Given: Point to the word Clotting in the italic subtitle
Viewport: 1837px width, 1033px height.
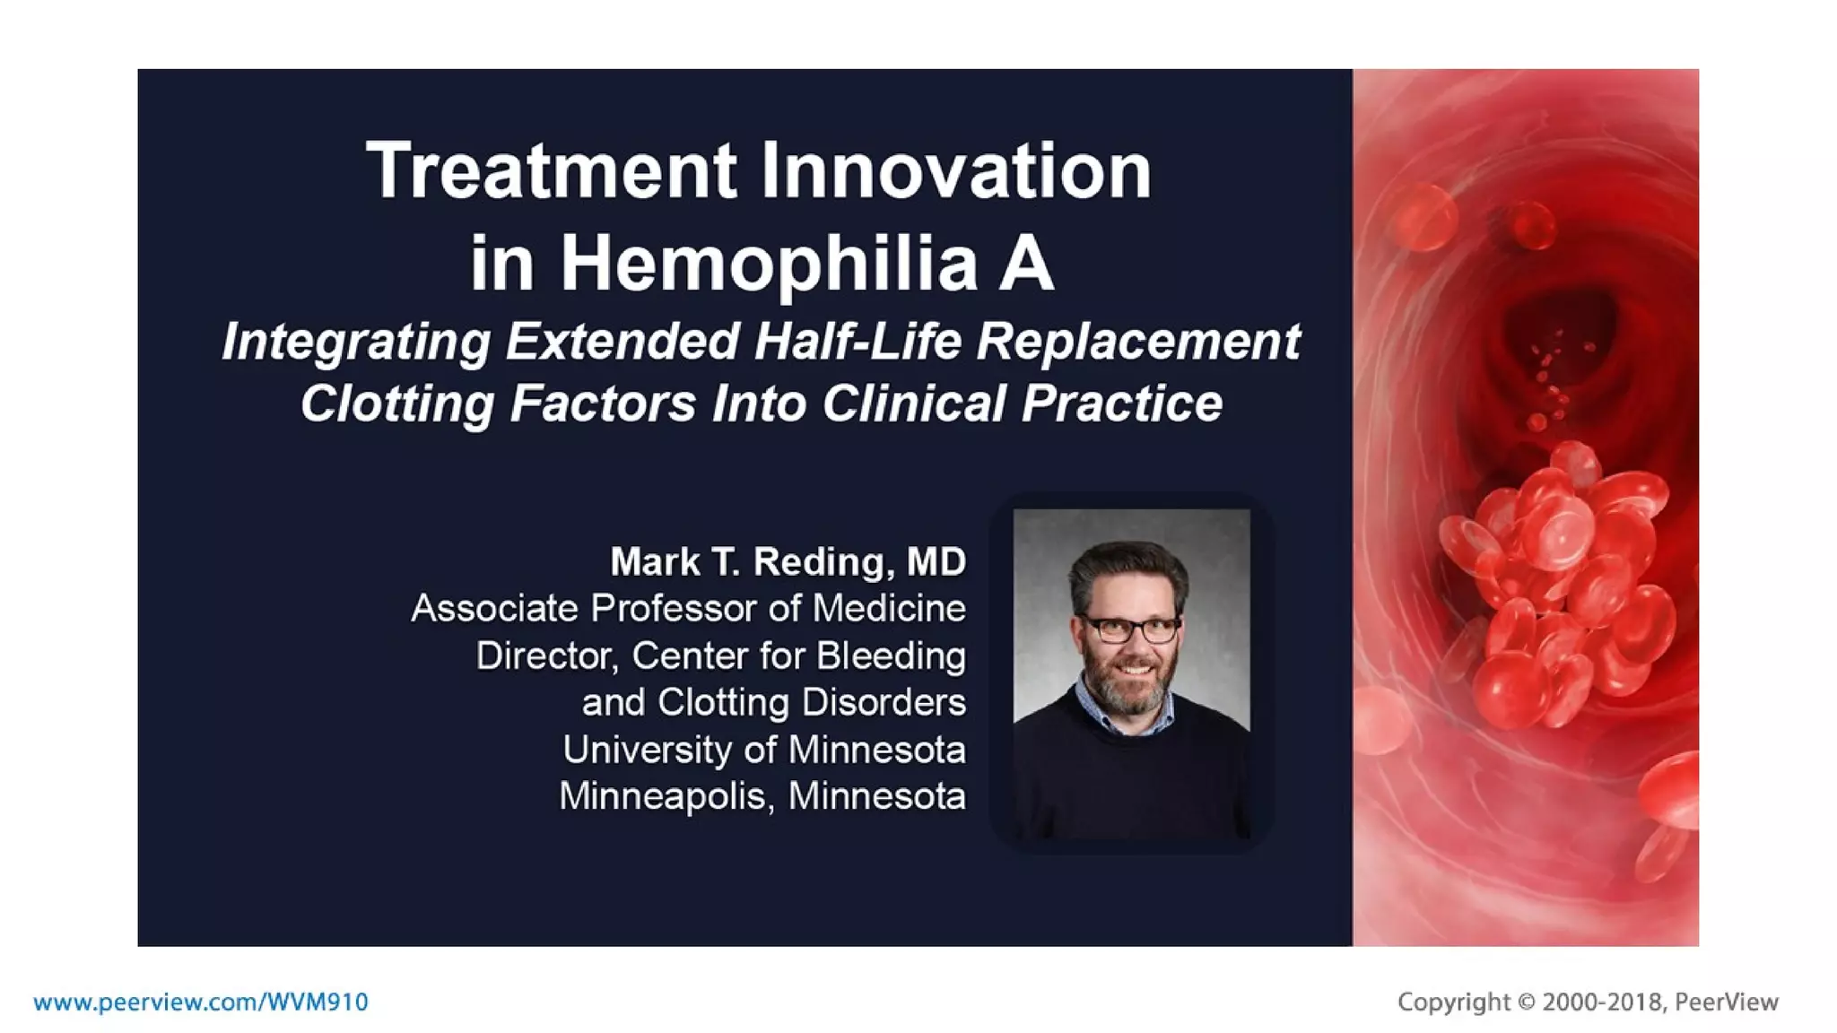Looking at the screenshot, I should [x=396, y=404].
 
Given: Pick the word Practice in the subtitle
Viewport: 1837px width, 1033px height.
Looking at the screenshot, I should [x=1121, y=404].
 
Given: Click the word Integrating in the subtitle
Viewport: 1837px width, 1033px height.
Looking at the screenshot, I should [x=355, y=342].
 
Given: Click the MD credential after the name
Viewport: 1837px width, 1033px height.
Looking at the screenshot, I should [x=936, y=562].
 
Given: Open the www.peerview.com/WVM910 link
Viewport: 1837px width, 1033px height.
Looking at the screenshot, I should [x=201, y=1002].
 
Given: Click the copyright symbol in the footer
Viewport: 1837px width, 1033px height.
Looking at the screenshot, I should [x=1526, y=1002].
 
